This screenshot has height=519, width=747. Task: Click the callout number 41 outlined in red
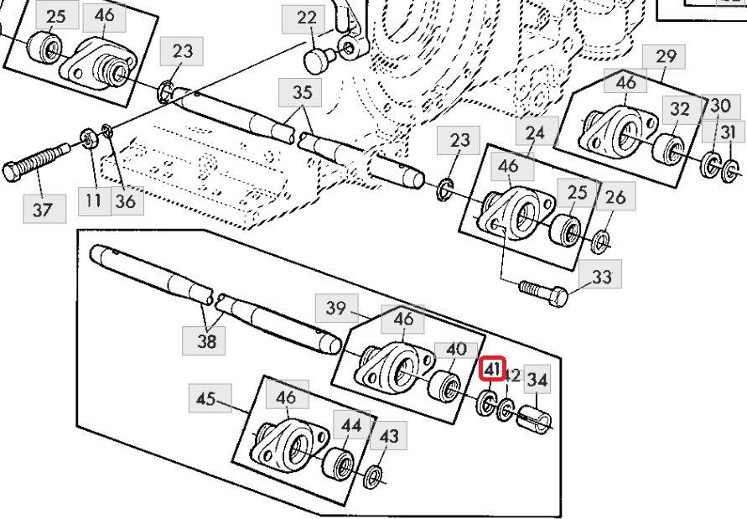pos(491,369)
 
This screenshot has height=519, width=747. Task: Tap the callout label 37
pos(42,209)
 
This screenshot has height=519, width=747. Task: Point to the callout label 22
pos(307,18)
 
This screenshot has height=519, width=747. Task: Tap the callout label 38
pos(206,340)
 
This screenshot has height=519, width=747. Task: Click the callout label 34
pos(537,381)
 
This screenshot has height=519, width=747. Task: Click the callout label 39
pos(335,309)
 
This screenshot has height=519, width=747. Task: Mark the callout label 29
pos(665,58)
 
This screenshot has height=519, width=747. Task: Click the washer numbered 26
pos(601,243)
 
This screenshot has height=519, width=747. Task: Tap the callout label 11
pos(92,200)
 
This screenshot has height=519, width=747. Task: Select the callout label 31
pos(728,132)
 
